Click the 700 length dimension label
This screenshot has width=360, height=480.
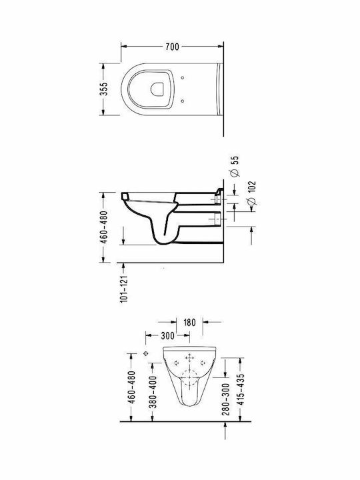[x=172, y=47]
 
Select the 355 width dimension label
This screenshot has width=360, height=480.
[x=104, y=89]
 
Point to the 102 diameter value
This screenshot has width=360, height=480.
[x=251, y=187]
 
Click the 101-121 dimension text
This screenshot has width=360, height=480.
[x=123, y=289]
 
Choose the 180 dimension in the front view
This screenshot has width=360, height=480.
[x=189, y=323]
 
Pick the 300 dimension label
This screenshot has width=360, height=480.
[x=167, y=336]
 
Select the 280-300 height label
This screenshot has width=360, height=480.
[x=226, y=399]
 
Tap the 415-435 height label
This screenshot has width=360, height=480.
[x=241, y=389]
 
